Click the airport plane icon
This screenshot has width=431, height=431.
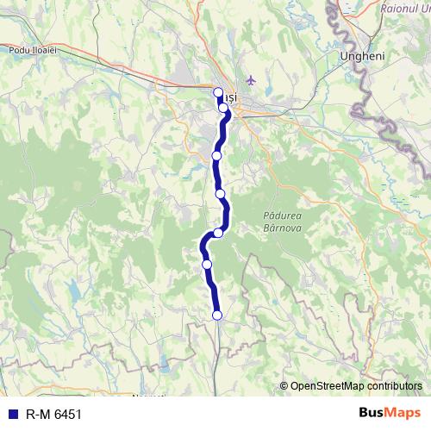[x=252, y=81]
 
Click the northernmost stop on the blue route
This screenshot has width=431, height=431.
[x=218, y=92]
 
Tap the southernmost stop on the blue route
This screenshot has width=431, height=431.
[x=217, y=315]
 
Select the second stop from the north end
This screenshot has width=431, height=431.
[x=223, y=109]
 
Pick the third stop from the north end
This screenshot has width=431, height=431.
[x=217, y=155]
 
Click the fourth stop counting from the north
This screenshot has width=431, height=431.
[x=221, y=193]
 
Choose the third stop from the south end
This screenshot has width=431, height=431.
[x=219, y=233]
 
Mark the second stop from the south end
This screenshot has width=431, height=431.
[x=207, y=264]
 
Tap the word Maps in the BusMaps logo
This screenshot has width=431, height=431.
[x=402, y=413]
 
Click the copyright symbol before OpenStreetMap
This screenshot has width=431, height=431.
[x=284, y=386]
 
